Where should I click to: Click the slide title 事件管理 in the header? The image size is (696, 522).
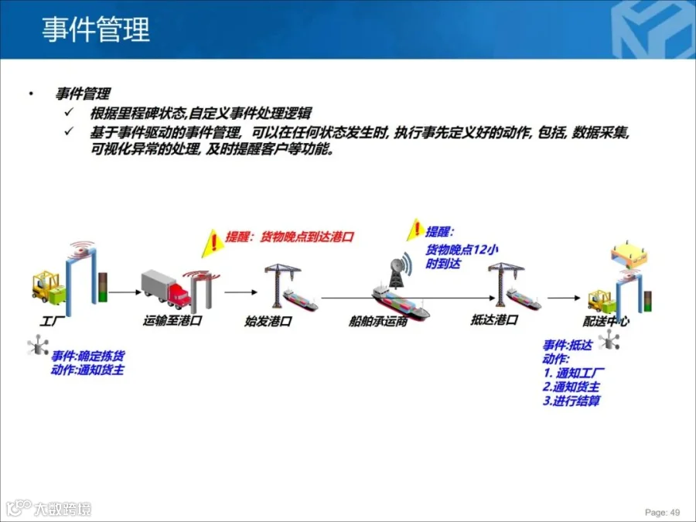coord(95,29)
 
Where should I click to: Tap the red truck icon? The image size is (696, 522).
coord(165,288)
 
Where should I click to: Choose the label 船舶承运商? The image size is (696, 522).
coord(378,320)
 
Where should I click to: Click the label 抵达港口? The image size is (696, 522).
coord(494,319)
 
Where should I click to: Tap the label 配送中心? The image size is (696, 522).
coord(606,319)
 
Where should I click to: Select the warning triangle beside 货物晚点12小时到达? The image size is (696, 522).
coord(416,230)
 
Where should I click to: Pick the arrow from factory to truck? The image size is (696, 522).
coord(123,293)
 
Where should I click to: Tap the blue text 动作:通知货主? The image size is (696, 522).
coord(87,370)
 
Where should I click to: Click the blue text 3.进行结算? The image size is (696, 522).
coord(571,401)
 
